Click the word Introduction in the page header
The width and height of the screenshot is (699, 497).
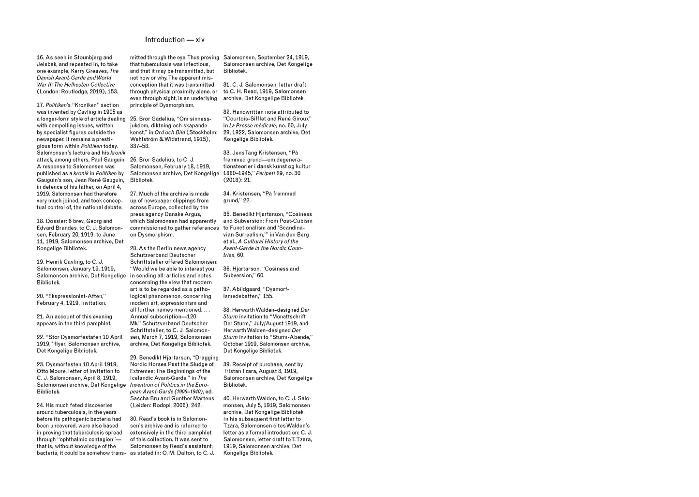click(164, 40)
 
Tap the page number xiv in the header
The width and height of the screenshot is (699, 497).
click(200, 40)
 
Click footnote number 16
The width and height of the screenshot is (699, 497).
click(40, 58)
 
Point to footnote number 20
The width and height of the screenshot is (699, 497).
click(41, 296)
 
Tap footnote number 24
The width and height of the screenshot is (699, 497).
click(41, 406)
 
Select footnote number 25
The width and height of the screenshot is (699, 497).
click(134, 119)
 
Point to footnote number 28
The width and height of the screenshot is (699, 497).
click(134, 248)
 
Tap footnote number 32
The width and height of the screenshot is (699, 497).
click(227, 112)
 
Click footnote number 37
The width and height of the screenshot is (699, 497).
click(227, 289)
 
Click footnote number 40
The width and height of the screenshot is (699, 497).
click(227, 398)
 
